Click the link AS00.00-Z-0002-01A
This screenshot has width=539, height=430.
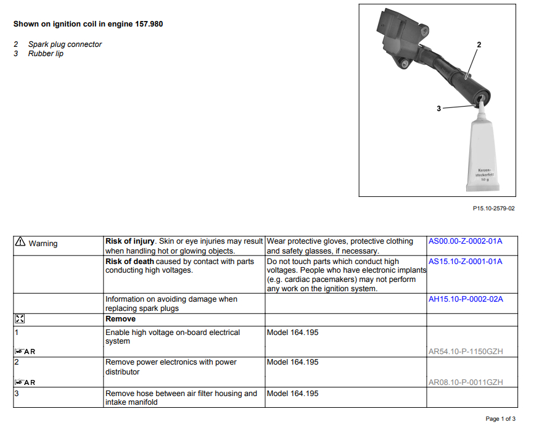(x=465, y=241)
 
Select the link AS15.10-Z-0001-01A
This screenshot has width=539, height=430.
(x=465, y=262)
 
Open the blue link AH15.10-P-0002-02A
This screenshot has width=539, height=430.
(x=466, y=299)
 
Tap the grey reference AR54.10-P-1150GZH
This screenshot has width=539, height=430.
(x=466, y=352)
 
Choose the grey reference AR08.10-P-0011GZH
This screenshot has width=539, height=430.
(x=466, y=382)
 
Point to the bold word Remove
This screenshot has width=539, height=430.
(x=120, y=319)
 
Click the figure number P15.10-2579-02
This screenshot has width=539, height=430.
(x=493, y=209)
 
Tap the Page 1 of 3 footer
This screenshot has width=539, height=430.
(x=501, y=420)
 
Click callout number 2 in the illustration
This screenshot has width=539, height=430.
(x=479, y=44)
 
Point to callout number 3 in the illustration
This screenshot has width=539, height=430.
(x=438, y=109)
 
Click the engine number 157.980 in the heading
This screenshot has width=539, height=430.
(x=146, y=24)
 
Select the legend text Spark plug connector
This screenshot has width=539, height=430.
(x=65, y=44)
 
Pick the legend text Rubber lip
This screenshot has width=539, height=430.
(x=46, y=54)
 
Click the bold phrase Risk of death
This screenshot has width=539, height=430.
(x=130, y=262)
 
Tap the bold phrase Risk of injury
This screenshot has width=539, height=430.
(x=131, y=241)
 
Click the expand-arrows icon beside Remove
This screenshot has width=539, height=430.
(x=19, y=319)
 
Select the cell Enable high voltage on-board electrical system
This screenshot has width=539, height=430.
(x=173, y=337)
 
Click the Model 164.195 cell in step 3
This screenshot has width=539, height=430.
(x=292, y=394)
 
